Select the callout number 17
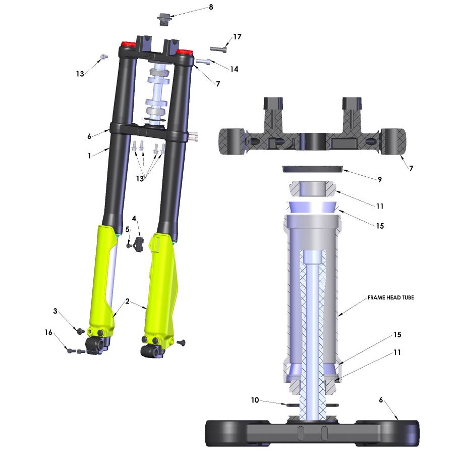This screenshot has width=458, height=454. [237, 37]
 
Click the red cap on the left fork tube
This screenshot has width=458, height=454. [126, 46]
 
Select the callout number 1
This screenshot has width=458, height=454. [89, 156]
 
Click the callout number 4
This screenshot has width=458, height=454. [134, 219]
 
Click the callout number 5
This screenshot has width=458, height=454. [128, 229]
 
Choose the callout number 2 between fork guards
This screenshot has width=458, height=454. [127, 301]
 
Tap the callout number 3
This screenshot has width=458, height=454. [55, 311]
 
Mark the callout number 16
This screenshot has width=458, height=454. [48, 332]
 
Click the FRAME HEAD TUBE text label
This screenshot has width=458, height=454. [390, 298]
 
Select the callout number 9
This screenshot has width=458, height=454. [380, 179]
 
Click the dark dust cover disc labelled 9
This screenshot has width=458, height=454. [312, 168]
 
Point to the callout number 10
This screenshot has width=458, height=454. [255, 400]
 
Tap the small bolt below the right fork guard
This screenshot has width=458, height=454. [182, 343]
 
